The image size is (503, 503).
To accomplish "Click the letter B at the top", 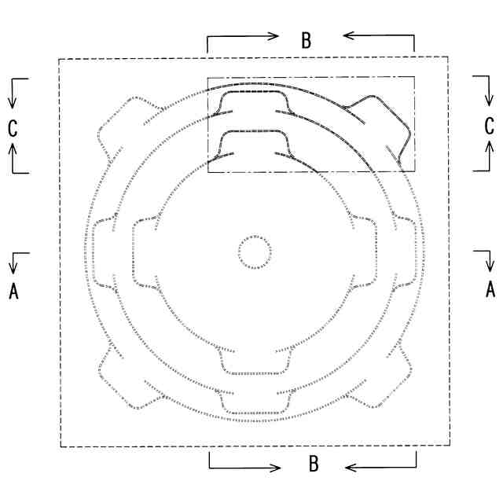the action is (307, 40).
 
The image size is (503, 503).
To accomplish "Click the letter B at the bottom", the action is (314, 464).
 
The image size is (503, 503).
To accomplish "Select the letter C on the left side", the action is (13, 128).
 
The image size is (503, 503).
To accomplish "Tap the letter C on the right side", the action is (489, 126).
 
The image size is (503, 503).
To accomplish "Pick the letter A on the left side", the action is (13, 292).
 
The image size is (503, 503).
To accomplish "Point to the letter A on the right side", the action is (490, 289).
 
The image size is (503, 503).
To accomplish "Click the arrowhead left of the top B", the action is (274, 36).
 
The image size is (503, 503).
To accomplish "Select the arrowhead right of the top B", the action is (348, 35).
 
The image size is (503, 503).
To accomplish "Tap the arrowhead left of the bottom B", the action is (275, 468).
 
